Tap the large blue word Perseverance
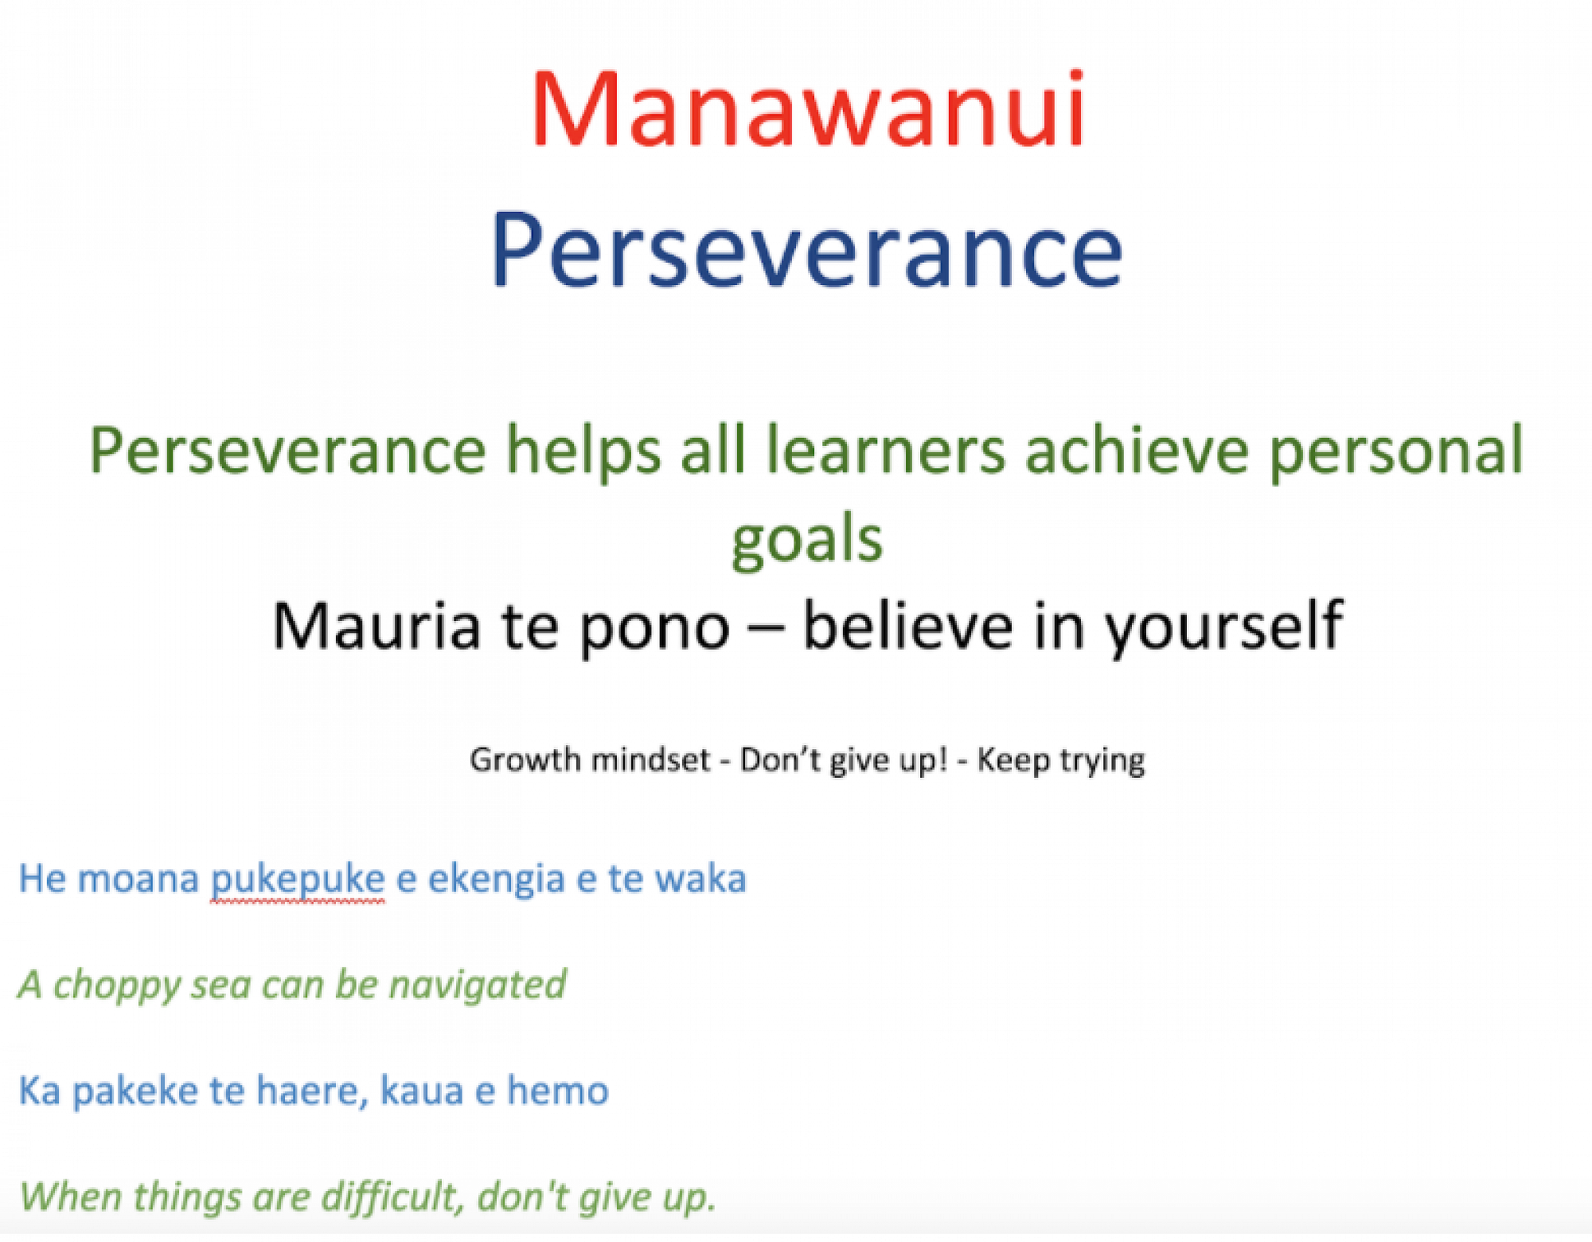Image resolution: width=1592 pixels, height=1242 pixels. [806, 251]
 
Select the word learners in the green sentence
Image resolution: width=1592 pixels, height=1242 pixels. [885, 451]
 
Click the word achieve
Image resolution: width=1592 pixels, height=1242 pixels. [1137, 451]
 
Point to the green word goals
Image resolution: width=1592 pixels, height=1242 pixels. [807, 540]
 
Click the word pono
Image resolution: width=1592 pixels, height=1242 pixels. [654, 633]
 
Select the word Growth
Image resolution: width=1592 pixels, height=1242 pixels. [525, 760]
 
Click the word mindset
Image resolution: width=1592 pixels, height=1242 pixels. [650, 760]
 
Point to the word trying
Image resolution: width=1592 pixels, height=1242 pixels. [1102, 763]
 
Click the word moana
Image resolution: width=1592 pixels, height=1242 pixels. [138, 879]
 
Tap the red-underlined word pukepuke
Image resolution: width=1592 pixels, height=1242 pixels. [298, 882]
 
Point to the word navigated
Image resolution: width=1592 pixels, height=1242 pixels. [478, 986]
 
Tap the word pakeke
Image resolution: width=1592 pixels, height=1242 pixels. [135, 1092]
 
